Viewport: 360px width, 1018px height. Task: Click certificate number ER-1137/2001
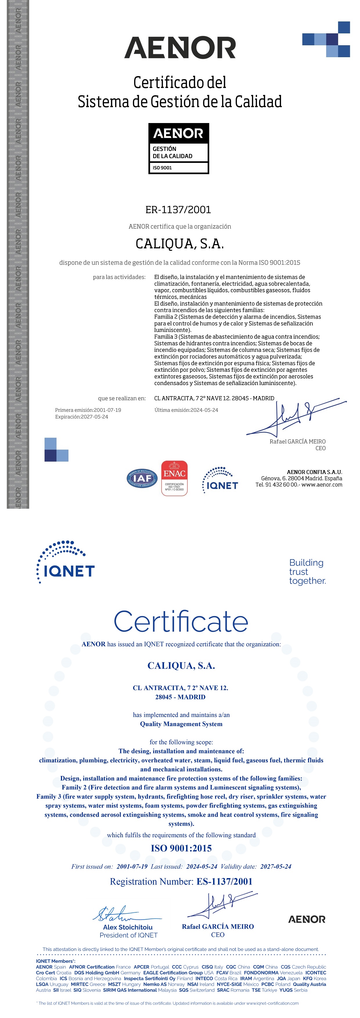[x=178, y=210]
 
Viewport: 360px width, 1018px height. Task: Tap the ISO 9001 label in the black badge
[x=162, y=167]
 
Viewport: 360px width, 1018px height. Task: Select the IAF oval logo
[x=142, y=478]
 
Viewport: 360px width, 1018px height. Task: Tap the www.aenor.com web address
[x=322, y=485]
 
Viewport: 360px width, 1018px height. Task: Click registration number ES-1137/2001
[x=224, y=881]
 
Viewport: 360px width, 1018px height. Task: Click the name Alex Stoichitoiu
[x=128, y=927]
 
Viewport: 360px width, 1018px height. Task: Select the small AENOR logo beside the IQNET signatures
[x=307, y=919]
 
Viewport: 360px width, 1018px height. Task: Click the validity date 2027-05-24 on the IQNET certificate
[x=276, y=867]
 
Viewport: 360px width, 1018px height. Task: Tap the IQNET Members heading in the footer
[x=55, y=961]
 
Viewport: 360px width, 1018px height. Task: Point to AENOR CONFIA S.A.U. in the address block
[x=314, y=472]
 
